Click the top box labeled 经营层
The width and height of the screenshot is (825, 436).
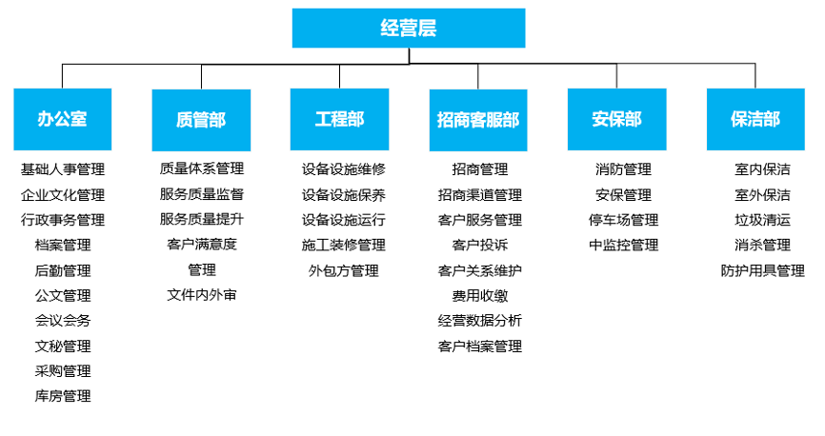point(409,28)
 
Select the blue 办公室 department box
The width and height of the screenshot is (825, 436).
point(63,119)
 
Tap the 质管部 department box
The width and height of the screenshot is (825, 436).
point(201,119)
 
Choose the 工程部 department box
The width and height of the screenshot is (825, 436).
point(339,119)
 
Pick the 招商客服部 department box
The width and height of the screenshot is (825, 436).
point(477,119)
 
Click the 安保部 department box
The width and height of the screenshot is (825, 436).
point(616,119)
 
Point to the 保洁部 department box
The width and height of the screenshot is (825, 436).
point(755,119)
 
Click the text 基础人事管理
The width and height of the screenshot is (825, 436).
point(63,169)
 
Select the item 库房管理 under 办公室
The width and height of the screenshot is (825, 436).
point(63,396)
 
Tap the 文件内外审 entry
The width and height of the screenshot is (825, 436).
point(201,295)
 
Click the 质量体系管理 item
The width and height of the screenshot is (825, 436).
point(201,169)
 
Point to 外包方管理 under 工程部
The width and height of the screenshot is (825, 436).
point(343,270)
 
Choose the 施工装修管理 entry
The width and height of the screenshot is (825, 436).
point(343,246)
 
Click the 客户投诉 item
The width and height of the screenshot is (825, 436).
point(479,246)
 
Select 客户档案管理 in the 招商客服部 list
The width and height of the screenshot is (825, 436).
point(479,346)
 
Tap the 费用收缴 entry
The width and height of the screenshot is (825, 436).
point(479,295)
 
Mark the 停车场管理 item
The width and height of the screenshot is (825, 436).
point(623,220)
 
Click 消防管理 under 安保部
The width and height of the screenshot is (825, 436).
point(623,169)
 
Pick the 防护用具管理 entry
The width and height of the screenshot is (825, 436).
point(762,270)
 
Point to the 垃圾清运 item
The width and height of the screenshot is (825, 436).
point(762,220)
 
